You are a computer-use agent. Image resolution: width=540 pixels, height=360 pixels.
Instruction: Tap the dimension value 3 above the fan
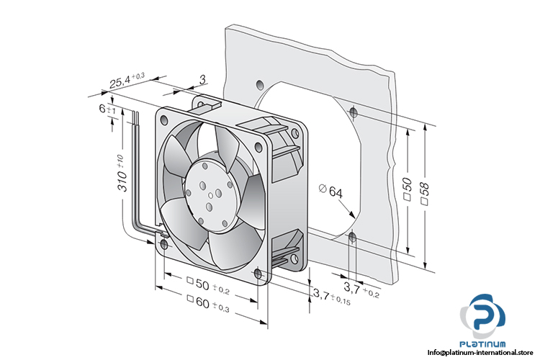pyautogui.click(x=202, y=78)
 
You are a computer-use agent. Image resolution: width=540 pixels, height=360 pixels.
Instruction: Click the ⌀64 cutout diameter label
pyautogui.click(x=330, y=191)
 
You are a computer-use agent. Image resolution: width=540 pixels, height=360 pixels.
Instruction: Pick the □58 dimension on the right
pyautogui.click(x=425, y=192)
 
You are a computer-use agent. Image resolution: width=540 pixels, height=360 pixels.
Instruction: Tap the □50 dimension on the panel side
pyautogui.click(x=407, y=192)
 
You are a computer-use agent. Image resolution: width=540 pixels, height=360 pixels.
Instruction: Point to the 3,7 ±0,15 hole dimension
pyautogui.click(x=330, y=295)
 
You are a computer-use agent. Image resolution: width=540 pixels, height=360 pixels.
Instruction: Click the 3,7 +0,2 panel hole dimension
pyautogui.click(x=362, y=289)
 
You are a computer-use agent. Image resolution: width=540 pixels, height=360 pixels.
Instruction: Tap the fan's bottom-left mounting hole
pyautogui.click(x=164, y=245)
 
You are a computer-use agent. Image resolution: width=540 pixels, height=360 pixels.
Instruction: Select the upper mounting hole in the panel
pyautogui.click(x=352, y=112)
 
